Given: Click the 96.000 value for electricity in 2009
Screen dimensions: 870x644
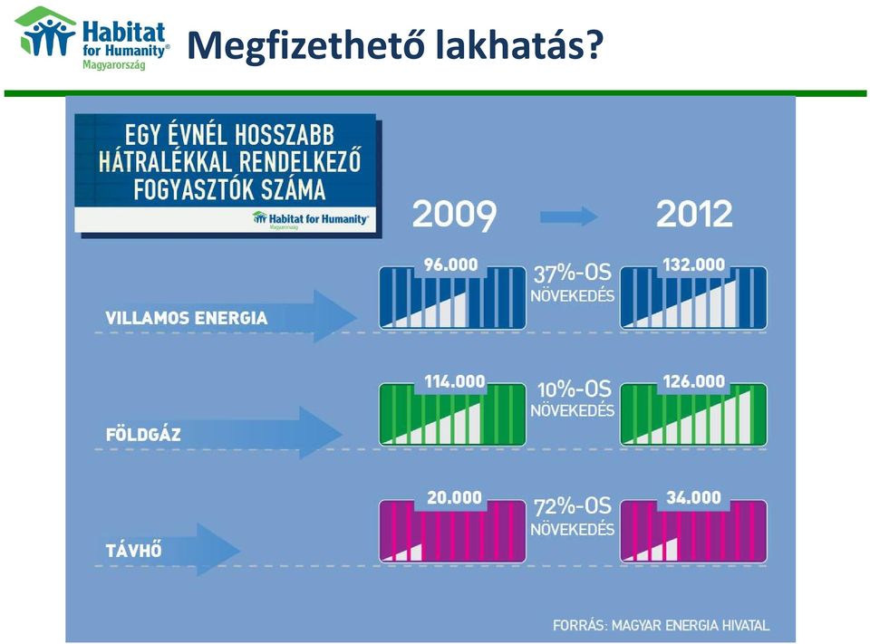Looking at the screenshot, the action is (x=450, y=264).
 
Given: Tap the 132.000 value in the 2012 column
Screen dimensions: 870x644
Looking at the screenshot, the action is (x=693, y=264).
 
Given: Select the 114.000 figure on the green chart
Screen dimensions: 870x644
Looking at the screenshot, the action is (x=454, y=381).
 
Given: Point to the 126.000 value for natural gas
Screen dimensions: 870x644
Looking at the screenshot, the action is (x=693, y=381).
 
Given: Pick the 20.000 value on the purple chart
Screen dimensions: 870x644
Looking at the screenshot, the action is (x=454, y=497).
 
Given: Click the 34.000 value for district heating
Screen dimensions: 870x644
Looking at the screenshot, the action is (x=693, y=497).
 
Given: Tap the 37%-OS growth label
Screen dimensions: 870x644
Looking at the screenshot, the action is (x=572, y=273).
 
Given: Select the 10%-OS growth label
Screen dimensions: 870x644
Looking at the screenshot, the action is (x=574, y=389).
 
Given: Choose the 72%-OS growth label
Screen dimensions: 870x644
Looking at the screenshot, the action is (x=572, y=506).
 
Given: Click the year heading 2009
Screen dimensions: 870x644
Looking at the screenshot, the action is (x=454, y=214).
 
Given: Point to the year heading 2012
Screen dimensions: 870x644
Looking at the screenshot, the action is (x=694, y=214).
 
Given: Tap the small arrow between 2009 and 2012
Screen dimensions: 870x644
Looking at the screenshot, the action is (x=569, y=216).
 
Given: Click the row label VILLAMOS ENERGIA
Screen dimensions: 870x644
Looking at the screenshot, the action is (x=187, y=319).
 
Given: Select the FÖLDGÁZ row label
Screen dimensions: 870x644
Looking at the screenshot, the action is (x=143, y=434).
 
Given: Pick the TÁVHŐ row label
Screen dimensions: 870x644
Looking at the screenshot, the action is (x=134, y=551).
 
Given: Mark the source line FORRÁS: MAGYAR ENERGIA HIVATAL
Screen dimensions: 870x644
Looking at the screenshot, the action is (x=661, y=626).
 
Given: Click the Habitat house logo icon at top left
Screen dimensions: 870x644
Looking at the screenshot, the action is (x=45, y=32).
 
